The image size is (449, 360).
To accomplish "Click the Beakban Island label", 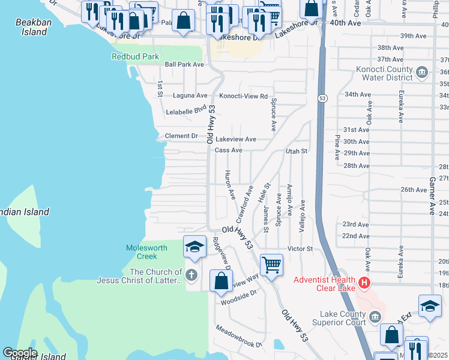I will tap(31, 27).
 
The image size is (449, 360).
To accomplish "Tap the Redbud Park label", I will tap(135, 56).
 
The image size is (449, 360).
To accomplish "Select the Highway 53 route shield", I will tap(322, 98).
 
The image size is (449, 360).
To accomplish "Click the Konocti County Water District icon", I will tap(422, 73).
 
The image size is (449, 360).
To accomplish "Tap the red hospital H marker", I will tap(364, 282).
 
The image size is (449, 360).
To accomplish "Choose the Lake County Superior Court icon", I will tap(375, 316).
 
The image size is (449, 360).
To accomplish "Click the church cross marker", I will tap(191, 276).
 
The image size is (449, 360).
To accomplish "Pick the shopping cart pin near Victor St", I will tap(271, 264).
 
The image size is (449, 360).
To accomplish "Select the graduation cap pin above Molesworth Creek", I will tap(194, 247).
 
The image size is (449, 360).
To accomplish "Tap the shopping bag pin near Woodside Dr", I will tap(221, 281).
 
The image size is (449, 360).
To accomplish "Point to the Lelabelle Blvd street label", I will tap(186, 111).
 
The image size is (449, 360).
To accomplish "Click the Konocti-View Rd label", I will tap(243, 95).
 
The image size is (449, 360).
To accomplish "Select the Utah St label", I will tap(297, 151).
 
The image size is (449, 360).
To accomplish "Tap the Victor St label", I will tap(300, 248).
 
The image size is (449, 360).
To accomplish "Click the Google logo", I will tap(20, 353).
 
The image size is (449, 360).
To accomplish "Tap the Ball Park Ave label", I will tap(184, 64).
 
